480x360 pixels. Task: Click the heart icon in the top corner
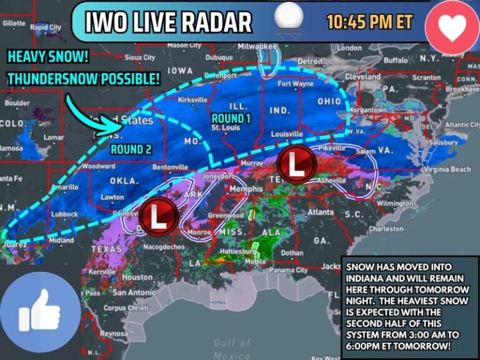[x=452, y=27]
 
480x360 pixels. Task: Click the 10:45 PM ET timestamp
[x=369, y=22]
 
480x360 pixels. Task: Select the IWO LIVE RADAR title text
[x=168, y=22]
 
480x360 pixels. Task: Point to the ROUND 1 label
[x=231, y=118]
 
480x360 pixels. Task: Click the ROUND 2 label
[x=131, y=149]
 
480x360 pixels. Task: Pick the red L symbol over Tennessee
[x=296, y=164]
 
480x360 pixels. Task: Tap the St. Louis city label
[x=226, y=127]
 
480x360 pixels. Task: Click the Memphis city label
[x=246, y=188]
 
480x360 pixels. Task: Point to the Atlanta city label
[x=320, y=212]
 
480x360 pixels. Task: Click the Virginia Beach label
[x=447, y=169]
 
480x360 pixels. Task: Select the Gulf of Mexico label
[x=232, y=349]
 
